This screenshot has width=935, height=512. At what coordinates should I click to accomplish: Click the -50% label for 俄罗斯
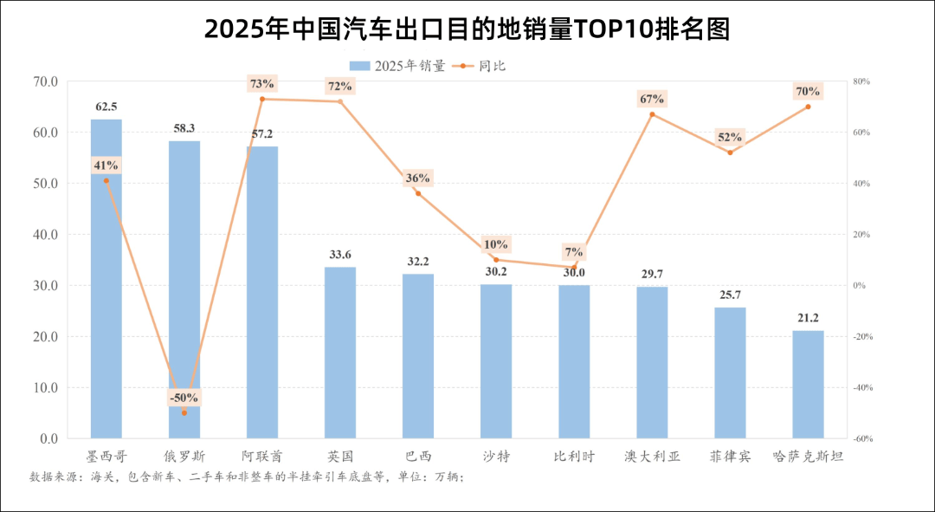coord(184,398)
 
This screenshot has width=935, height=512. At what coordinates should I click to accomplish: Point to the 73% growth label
coord(261,84)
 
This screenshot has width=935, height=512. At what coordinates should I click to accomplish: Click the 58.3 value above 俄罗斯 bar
coord(184,128)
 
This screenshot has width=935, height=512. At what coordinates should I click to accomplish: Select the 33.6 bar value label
coord(340,255)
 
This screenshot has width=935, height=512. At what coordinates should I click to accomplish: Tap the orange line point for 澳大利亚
coord(652,114)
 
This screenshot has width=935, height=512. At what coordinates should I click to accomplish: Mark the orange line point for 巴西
coord(418,193)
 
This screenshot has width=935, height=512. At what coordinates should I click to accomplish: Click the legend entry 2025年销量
coord(397,66)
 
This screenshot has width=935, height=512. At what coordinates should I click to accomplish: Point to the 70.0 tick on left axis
coord(44,81)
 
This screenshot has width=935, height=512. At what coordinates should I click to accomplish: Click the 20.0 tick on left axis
coord(44,336)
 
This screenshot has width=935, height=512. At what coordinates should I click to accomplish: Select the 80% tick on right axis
coord(861,81)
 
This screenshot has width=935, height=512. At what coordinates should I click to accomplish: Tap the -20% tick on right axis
coord(861,336)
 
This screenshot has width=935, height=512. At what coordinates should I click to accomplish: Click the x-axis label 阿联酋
coord(262,456)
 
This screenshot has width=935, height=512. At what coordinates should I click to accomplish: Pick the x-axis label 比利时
coord(574,456)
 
